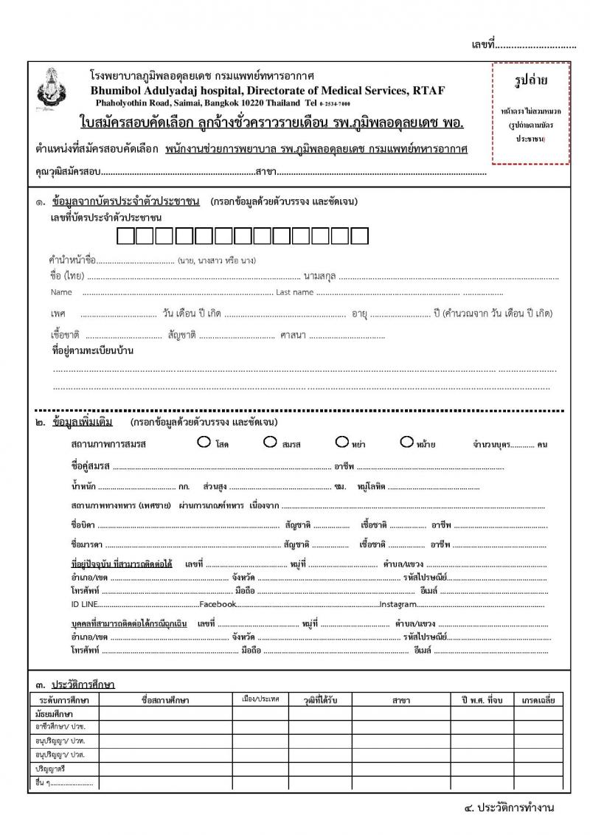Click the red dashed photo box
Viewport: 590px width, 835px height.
click(x=530, y=113)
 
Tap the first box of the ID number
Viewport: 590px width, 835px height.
click(x=126, y=236)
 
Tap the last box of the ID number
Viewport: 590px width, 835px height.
click(x=359, y=236)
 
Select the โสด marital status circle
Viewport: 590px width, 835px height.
click(x=204, y=443)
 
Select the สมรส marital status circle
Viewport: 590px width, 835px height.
click(x=269, y=443)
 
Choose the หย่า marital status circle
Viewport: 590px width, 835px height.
click(x=341, y=443)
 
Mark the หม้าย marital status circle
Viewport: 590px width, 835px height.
click(x=406, y=443)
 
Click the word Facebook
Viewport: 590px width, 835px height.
click(x=218, y=604)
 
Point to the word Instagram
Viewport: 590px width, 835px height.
click(x=400, y=604)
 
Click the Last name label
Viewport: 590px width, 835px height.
click(x=294, y=293)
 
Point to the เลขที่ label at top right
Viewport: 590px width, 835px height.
click(x=482, y=46)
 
